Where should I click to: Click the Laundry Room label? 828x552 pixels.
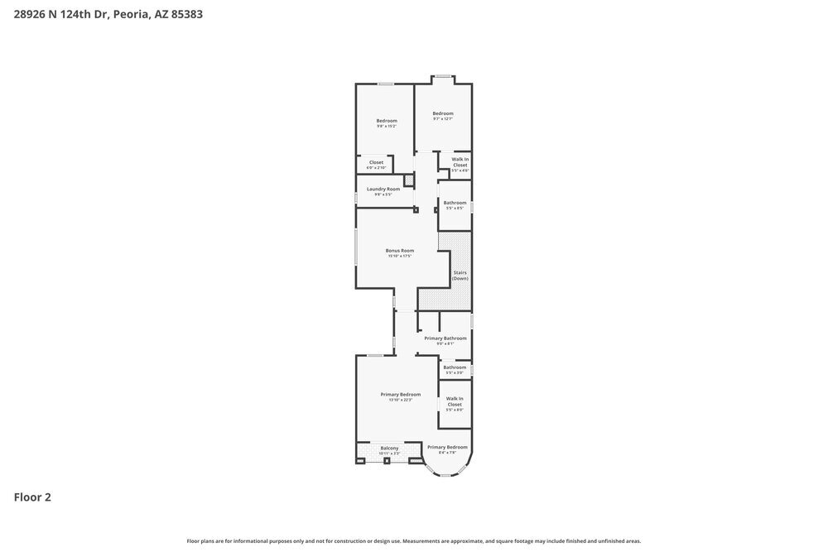click(x=383, y=189)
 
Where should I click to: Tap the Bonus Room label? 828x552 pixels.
click(x=400, y=250)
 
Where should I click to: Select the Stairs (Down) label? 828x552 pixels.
click(x=460, y=275)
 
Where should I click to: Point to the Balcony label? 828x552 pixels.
click(x=389, y=448)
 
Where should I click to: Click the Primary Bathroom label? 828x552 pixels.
click(x=445, y=338)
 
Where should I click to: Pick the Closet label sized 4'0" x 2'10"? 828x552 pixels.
click(x=376, y=162)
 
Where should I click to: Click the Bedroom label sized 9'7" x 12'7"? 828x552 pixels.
click(x=443, y=113)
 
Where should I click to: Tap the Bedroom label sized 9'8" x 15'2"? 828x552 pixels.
click(x=387, y=121)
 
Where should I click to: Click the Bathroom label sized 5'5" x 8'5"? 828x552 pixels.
click(x=455, y=203)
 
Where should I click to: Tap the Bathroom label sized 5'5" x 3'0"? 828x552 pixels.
click(x=455, y=367)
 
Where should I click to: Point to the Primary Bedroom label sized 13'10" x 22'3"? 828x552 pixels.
click(x=401, y=394)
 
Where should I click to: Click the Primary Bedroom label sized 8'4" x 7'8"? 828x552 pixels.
click(x=447, y=447)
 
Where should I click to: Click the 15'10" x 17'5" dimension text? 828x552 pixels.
click(x=400, y=256)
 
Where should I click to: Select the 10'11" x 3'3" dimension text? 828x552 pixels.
click(x=389, y=454)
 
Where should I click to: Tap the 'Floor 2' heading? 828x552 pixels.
click(x=32, y=497)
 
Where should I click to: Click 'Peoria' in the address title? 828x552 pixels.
click(x=131, y=14)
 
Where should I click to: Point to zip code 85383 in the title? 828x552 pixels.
click(x=187, y=14)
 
